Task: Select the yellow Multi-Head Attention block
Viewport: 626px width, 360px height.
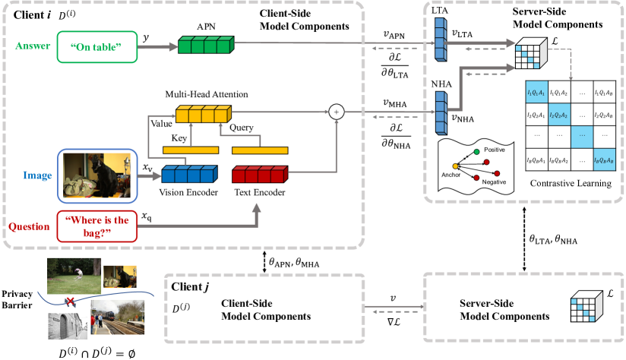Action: (x=202, y=115)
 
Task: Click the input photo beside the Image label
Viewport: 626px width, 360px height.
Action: (x=96, y=175)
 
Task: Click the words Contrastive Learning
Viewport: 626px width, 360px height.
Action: (x=571, y=184)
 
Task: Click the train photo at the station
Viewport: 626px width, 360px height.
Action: (x=115, y=320)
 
